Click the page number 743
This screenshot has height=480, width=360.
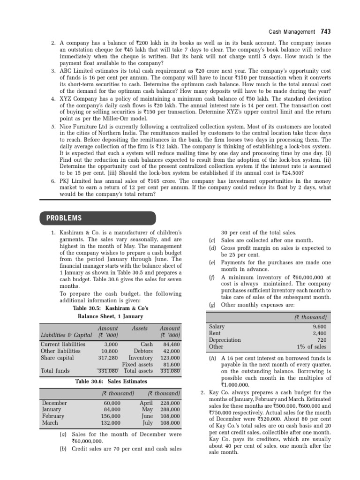click(326, 32)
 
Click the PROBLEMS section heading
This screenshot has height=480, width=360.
click(64, 218)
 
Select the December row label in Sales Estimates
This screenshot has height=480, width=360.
click(54, 403)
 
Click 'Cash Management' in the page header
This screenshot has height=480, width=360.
click(292, 32)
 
